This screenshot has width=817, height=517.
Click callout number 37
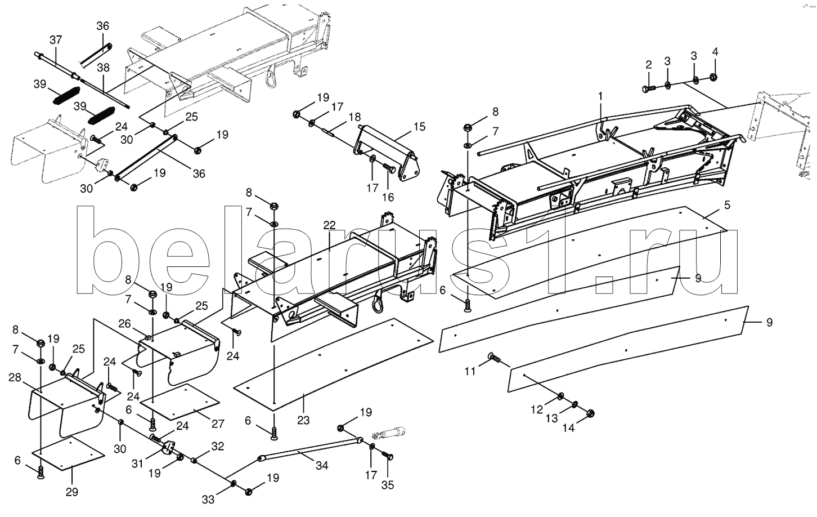pyautogui.click(x=56, y=40)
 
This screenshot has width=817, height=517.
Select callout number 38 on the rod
pyautogui.click(x=103, y=68)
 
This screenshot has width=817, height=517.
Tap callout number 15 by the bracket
pyautogui.click(x=419, y=127)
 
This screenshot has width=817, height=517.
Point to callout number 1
pyautogui.click(x=600, y=96)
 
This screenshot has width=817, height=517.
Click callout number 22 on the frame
pyautogui.click(x=329, y=225)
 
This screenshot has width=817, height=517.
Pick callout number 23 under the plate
pyautogui.click(x=303, y=421)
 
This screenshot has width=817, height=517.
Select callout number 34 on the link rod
pyautogui.click(x=322, y=466)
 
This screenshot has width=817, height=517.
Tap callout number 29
pyautogui.click(x=72, y=492)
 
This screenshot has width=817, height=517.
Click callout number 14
pyautogui.click(x=569, y=427)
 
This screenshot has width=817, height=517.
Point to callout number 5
pyautogui.click(x=728, y=205)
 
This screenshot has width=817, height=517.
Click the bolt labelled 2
pyautogui.click(x=648, y=88)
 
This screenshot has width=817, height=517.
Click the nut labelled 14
pyautogui.click(x=590, y=413)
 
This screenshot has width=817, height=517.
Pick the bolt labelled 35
pyautogui.click(x=388, y=456)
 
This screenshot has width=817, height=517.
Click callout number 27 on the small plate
pyautogui.click(x=218, y=424)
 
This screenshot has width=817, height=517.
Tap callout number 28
pyautogui.click(x=15, y=377)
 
